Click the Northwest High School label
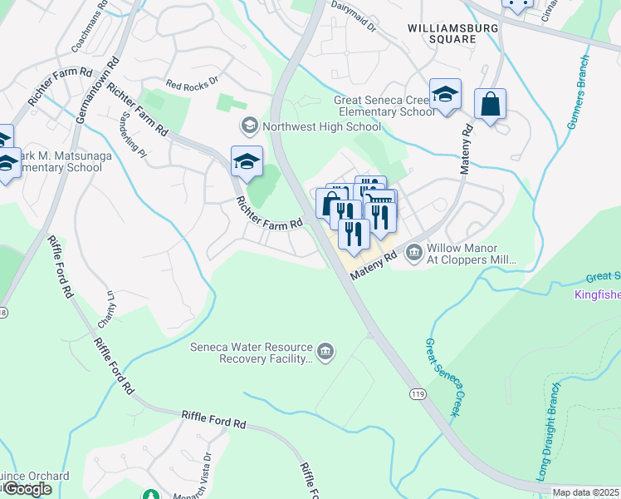pos(321,127)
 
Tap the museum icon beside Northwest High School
pos(248,126)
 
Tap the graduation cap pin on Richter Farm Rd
pos(247,162)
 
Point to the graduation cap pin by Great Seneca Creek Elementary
pos(446,96)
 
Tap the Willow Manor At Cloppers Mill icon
pos(414,253)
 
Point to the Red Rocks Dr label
pos(191,83)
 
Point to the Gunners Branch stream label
pos(577,91)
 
